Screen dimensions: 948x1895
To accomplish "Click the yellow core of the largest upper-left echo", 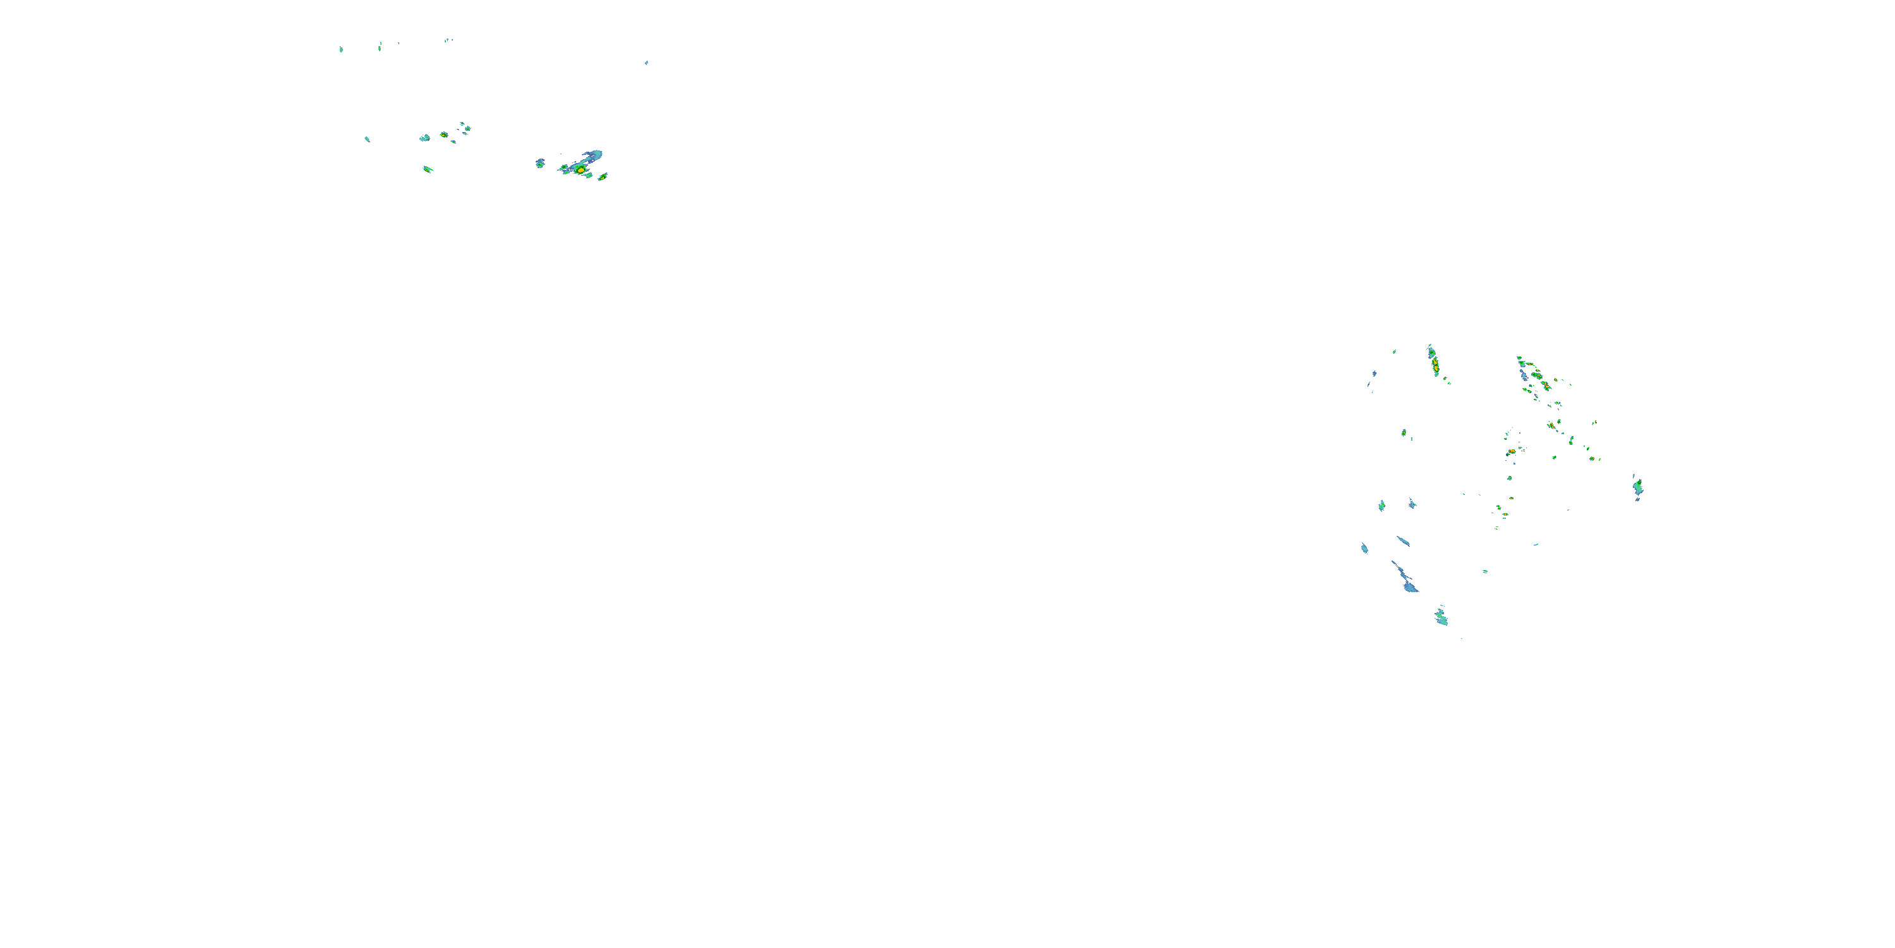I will [581, 170].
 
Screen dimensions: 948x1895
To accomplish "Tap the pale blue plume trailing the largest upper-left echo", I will [593, 156].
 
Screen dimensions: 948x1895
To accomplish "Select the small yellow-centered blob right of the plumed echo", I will [603, 177].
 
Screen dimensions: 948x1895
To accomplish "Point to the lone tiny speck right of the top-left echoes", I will [647, 63].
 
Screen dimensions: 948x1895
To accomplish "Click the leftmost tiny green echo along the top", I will [341, 49].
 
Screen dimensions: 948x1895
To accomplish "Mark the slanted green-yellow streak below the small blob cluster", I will [428, 169].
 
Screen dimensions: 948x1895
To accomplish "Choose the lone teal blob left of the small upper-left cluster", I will [367, 138].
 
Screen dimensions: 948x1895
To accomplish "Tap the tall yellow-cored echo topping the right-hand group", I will [1434, 362].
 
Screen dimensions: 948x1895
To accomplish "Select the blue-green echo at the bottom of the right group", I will [1441, 617].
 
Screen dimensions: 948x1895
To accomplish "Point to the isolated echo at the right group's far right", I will [1637, 487].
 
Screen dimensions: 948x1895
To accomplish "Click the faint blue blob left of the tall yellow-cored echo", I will [1374, 374].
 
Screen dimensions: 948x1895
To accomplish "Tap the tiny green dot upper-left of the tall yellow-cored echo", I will [1395, 351].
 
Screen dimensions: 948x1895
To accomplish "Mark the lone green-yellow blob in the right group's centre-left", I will [1404, 433].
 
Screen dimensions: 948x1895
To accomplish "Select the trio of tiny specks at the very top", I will [448, 40].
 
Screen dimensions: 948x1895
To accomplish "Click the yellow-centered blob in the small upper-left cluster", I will [443, 135].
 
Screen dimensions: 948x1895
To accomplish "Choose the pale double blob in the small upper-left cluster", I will [424, 138].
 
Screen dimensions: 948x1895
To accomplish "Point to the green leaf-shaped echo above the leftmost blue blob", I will [1381, 505].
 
